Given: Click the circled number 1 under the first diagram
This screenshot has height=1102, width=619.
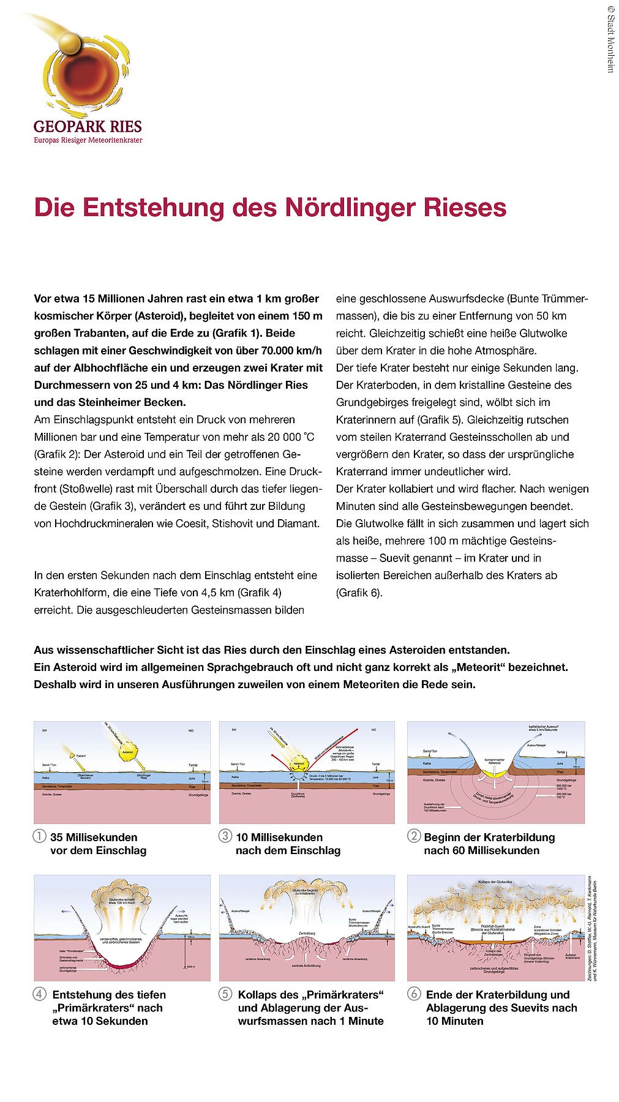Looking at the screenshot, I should (40, 836).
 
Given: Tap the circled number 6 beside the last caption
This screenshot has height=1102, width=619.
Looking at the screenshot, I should (414, 994).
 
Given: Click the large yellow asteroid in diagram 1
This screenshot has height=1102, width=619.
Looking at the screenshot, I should (128, 752).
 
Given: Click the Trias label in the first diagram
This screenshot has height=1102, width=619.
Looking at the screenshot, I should (191, 785).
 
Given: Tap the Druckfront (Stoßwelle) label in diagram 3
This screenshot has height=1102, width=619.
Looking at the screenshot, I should (299, 795).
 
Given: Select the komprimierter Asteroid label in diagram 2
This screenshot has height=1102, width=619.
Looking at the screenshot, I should (494, 762).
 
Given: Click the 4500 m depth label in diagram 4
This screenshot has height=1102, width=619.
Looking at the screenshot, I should (190, 967).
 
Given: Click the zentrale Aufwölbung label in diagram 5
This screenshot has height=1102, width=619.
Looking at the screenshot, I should (306, 965).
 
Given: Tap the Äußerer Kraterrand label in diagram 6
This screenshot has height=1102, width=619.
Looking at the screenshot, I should (572, 956).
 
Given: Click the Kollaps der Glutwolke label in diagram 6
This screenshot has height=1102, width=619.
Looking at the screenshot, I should (495, 882).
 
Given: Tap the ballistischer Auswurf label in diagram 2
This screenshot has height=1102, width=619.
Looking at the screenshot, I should (543, 728).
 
